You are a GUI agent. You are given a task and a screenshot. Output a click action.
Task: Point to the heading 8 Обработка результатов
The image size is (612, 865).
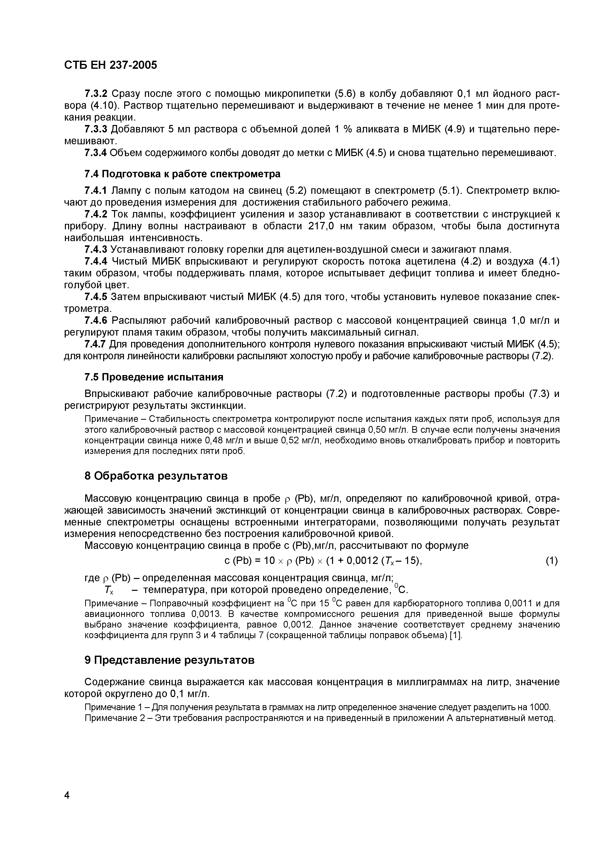coord(156,476)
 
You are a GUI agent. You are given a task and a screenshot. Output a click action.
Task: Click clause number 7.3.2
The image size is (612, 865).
coord(96,93)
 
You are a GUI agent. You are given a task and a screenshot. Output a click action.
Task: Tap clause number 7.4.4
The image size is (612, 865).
coord(96,261)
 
